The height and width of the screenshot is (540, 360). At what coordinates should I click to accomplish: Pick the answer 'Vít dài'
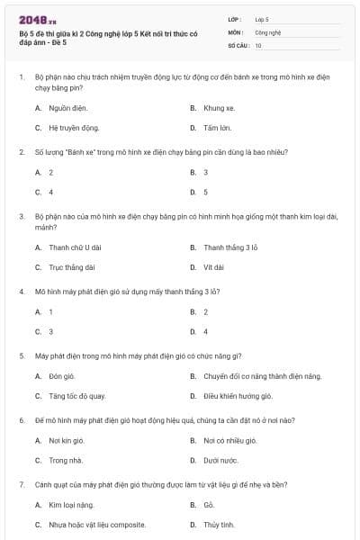(x=213, y=267)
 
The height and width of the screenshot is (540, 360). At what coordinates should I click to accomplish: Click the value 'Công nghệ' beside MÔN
(x=268, y=31)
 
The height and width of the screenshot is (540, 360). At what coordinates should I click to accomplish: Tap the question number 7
(x=21, y=484)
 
